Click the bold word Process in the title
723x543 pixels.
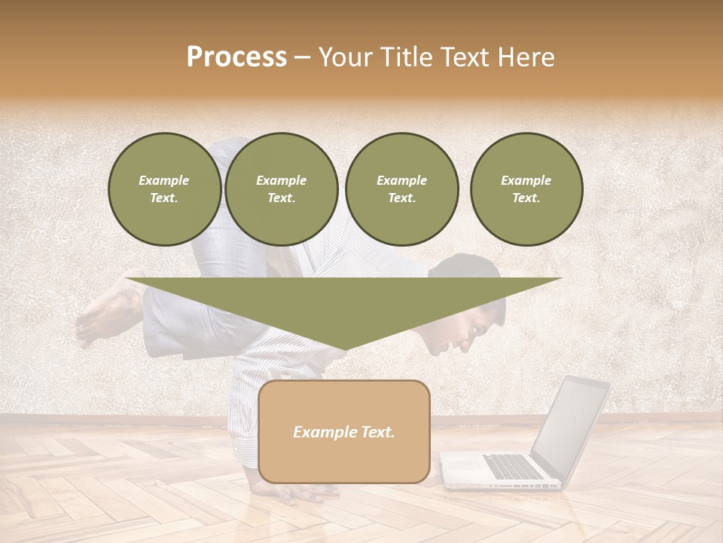pyautogui.click(x=236, y=57)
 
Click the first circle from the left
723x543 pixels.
pyautogui.click(x=164, y=189)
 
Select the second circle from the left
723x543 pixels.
pyautogui.click(x=282, y=189)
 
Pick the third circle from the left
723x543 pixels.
pyautogui.click(x=402, y=189)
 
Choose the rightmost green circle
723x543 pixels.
pyautogui.click(x=526, y=189)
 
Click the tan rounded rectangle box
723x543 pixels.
pyautogui.click(x=344, y=431)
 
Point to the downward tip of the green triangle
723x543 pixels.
pyautogui.click(x=346, y=348)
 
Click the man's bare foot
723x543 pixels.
pyautogui.click(x=102, y=317)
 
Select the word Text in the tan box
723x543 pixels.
pyautogui.click(x=378, y=432)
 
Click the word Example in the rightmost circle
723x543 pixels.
pyautogui.click(x=526, y=180)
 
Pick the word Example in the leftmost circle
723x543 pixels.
pyautogui.click(x=164, y=180)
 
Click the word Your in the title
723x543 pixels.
pyautogui.click(x=343, y=57)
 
